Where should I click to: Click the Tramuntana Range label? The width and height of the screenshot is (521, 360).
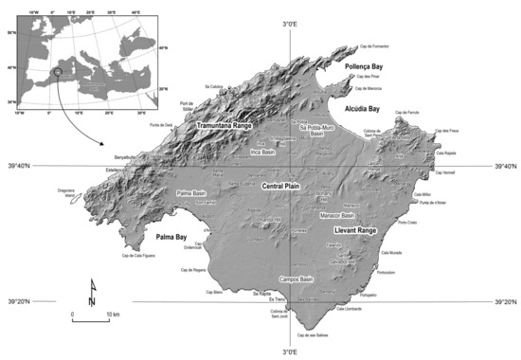(229, 125)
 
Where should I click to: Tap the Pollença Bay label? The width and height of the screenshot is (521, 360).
(366, 69)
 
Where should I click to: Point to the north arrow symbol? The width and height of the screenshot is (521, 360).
(91, 291)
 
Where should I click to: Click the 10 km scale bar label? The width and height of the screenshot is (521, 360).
(112, 313)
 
